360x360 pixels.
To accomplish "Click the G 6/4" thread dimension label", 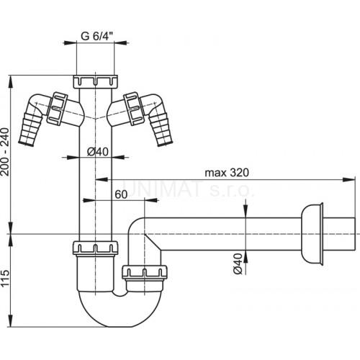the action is [96, 37].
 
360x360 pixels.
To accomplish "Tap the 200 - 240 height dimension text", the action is [5, 152].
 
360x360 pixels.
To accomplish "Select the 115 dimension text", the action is [5, 278].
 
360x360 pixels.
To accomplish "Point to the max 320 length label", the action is [227, 173].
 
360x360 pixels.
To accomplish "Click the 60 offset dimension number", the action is [121, 194].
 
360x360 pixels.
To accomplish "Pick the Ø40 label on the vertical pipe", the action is [98, 152].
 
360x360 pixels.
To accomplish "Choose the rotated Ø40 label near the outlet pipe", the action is [238, 264].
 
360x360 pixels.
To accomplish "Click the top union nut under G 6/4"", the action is [95, 81].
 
